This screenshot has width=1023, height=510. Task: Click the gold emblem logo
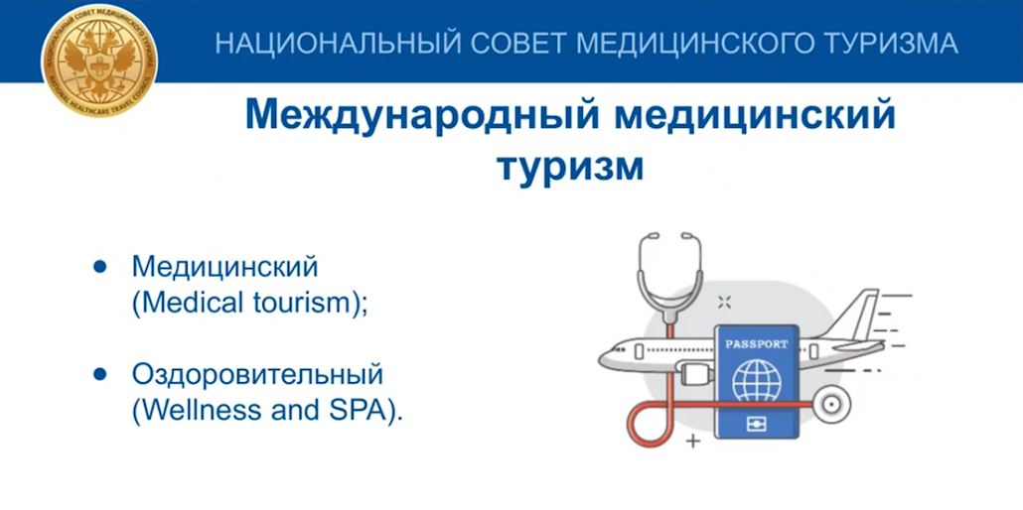pyautogui.click(x=97, y=57)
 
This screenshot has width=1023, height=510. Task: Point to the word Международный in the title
pyautogui.click(x=418, y=115)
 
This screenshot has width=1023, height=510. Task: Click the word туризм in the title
pyautogui.click(x=570, y=165)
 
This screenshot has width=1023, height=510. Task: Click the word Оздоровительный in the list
pyautogui.click(x=256, y=376)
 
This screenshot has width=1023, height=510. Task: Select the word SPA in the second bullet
pyautogui.click(x=368, y=411)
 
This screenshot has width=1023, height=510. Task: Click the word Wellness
pyautogui.click(x=189, y=411)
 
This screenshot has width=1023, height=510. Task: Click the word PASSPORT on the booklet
pyautogui.click(x=757, y=344)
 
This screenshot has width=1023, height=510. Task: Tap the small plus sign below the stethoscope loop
pyautogui.click(x=692, y=438)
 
